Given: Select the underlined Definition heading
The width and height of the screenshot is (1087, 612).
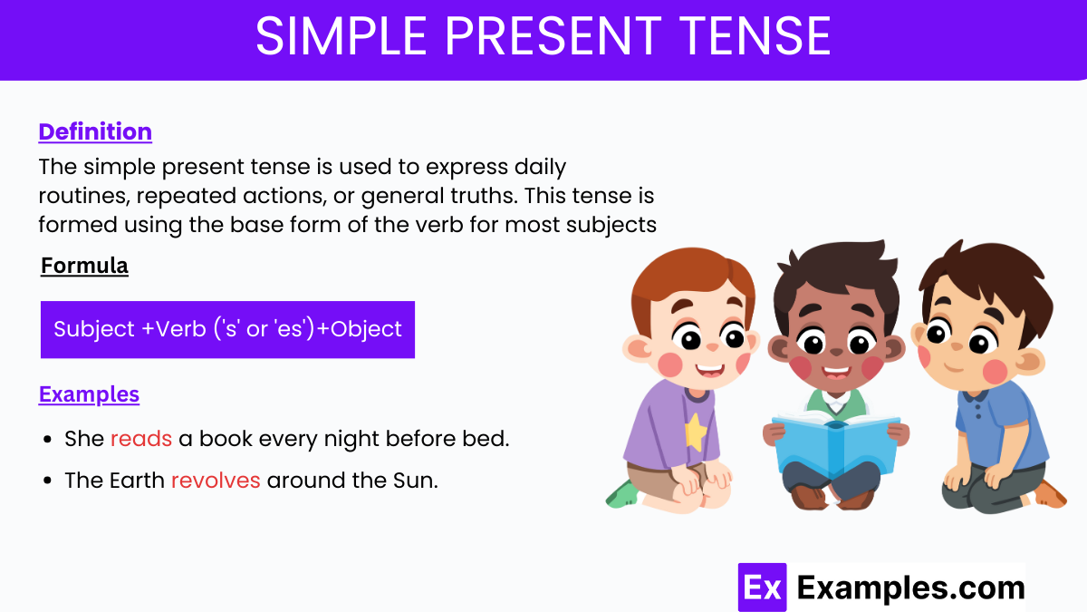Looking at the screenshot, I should point(95,131).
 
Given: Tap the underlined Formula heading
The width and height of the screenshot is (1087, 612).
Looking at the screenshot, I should point(84,266).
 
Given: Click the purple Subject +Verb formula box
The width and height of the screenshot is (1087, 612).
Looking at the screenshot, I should point(227,329).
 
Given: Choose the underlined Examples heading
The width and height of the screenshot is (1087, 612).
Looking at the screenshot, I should point(89,394).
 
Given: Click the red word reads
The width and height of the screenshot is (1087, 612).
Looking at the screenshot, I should point(141,440).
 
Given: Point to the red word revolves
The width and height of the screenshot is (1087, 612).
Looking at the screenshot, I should point(216,481).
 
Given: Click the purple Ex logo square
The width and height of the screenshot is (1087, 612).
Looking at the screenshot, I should point(761,588).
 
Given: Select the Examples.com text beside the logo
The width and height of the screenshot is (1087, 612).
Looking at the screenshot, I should point(910,588).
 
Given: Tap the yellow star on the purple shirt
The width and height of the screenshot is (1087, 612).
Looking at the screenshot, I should point(694,432).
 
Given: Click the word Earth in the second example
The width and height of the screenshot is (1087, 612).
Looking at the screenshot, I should point(137,481).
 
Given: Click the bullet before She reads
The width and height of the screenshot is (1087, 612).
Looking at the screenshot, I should point(47,441).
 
